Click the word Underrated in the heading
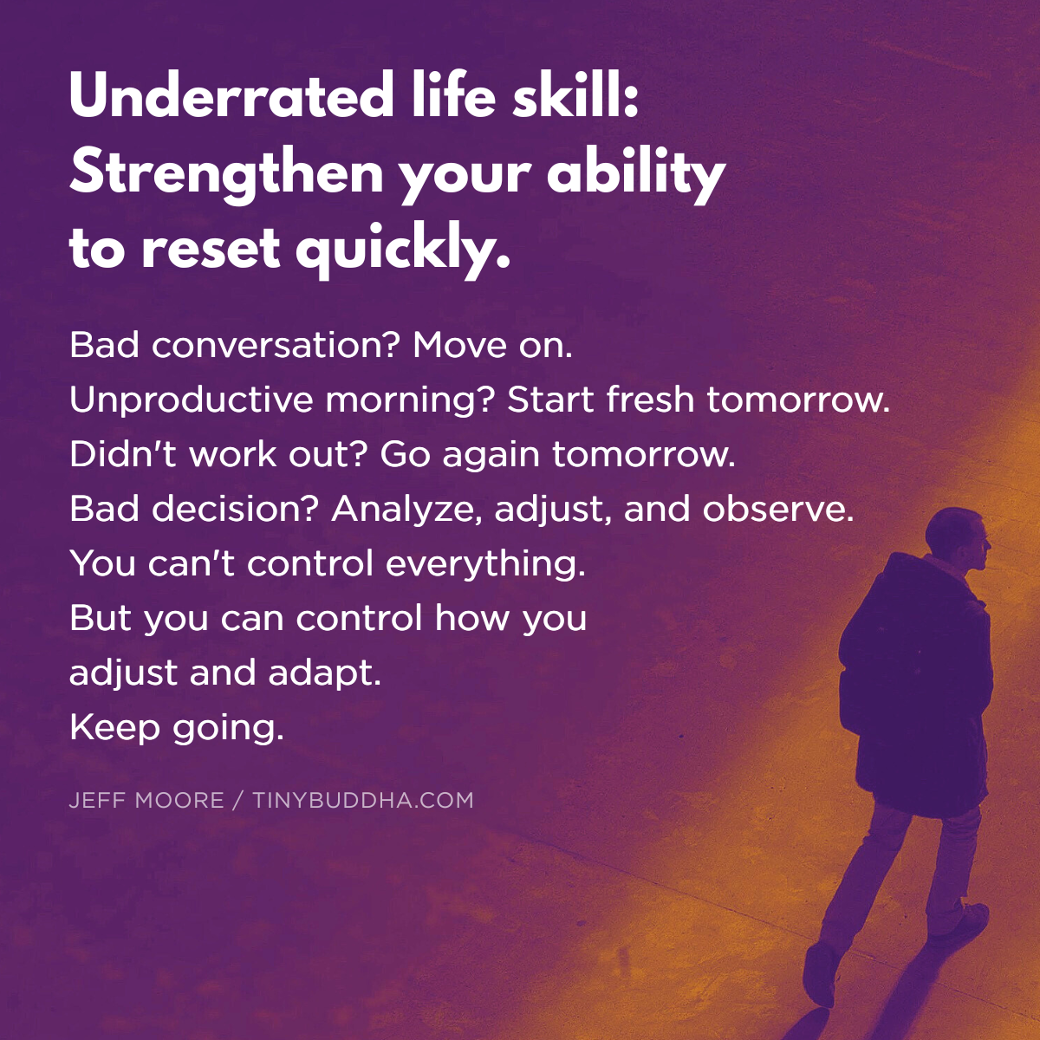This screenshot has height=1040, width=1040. click(231, 96)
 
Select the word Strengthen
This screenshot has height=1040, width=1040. click(225, 174)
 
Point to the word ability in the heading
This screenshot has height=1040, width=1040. click(636, 174)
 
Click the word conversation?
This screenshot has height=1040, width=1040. click(275, 346)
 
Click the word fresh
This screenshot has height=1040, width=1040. click(650, 400)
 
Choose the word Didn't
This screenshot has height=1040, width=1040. click(122, 454)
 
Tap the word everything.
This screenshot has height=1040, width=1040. click(485, 564)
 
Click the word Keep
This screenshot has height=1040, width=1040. click(114, 727)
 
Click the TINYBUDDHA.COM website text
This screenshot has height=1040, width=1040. click(363, 800)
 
